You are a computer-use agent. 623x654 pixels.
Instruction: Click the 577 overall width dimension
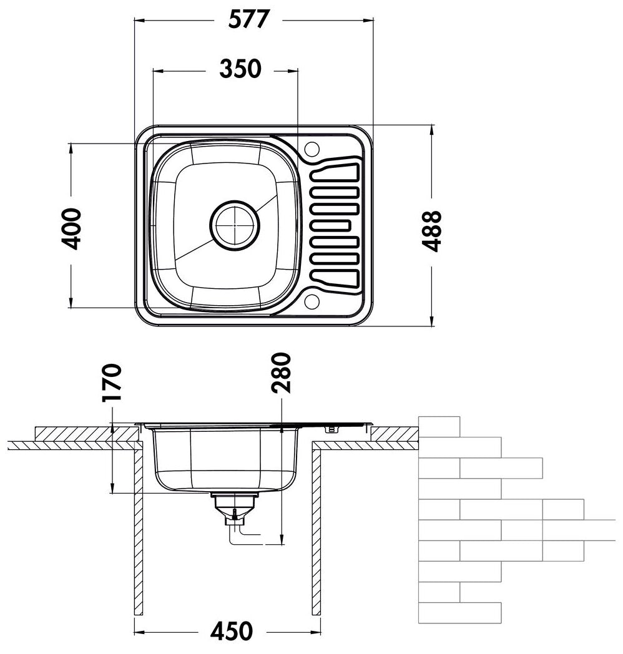[249, 19]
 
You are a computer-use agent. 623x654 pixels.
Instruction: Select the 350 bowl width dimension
[240, 69]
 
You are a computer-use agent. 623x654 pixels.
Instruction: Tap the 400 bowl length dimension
[71, 229]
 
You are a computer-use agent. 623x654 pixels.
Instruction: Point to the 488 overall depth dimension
[431, 231]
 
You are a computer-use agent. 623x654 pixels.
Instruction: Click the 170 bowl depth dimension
[112, 383]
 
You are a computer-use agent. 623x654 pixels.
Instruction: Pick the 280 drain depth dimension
[281, 373]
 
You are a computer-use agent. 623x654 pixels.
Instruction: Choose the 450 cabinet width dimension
[231, 631]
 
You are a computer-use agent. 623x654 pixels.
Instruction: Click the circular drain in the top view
[235, 225]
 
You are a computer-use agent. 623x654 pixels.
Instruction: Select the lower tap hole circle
[311, 301]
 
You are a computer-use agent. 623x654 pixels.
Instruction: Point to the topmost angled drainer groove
[335, 172]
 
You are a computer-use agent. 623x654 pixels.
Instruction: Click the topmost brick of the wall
[439, 426]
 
